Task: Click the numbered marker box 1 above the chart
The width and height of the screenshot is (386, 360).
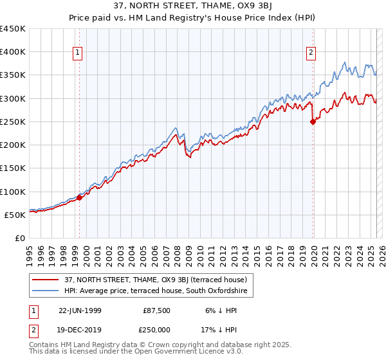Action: (78, 53)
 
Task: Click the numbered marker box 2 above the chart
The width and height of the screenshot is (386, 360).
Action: (311, 53)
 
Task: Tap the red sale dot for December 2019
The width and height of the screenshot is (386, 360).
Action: (313, 122)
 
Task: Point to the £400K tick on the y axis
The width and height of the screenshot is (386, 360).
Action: (14, 52)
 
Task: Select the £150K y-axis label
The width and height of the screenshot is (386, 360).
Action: (14, 168)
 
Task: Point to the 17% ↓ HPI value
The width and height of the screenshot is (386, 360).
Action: (217, 328)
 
